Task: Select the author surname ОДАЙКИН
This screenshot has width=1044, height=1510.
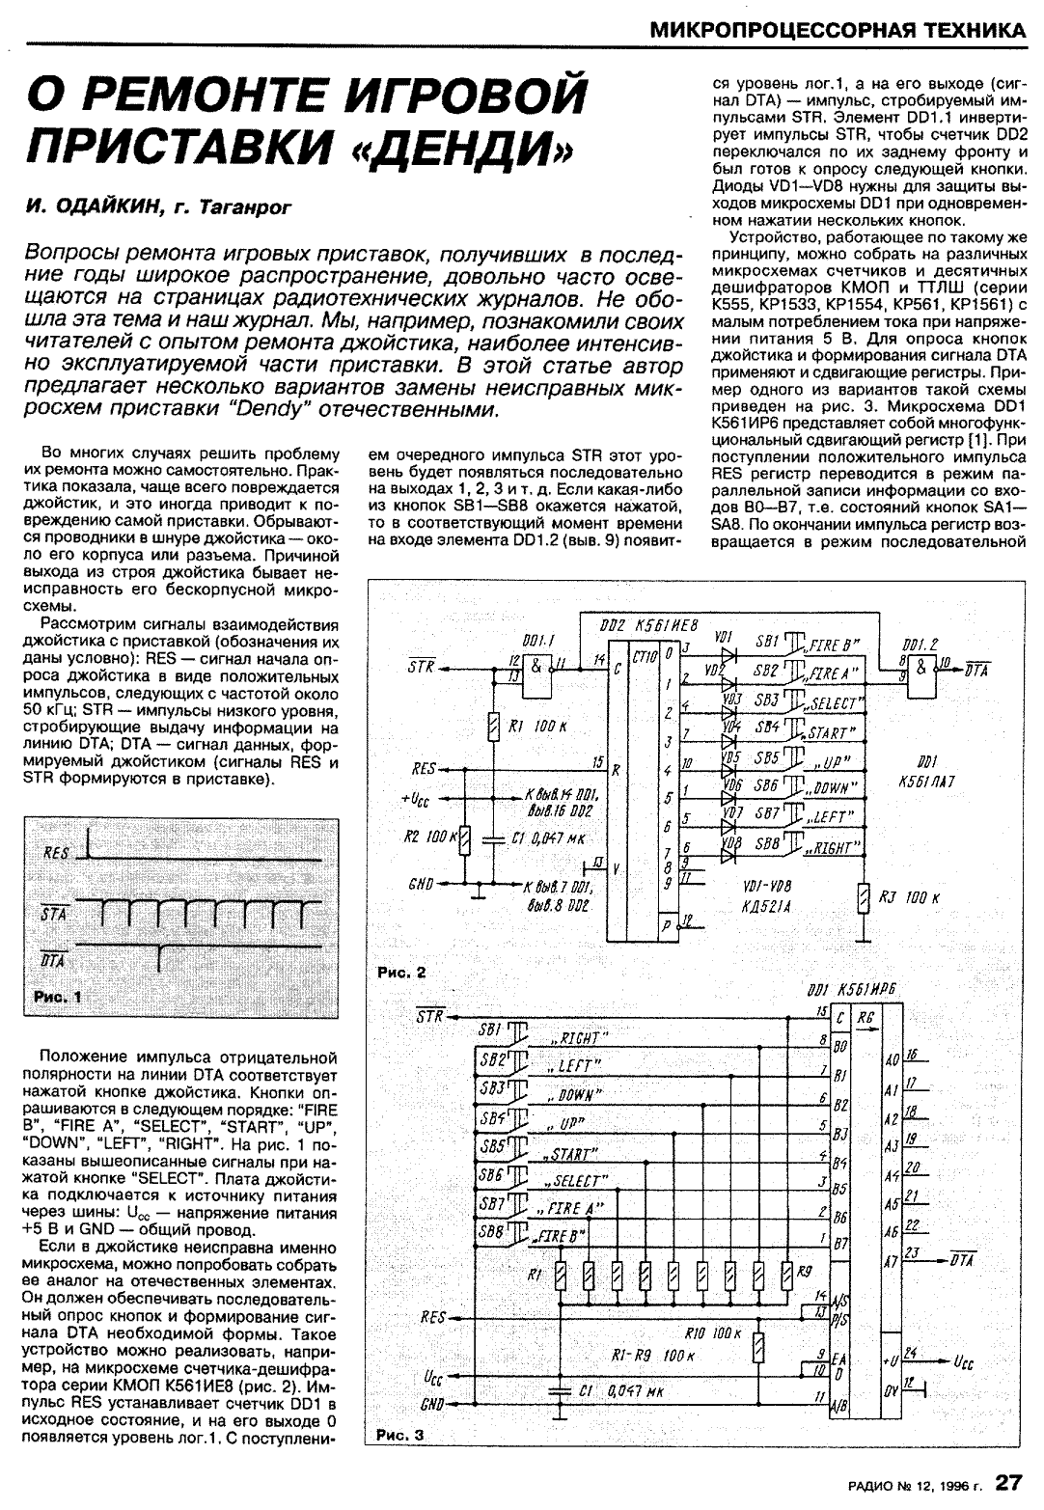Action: click(104, 206)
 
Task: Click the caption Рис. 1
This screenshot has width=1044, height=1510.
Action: click(58, 998)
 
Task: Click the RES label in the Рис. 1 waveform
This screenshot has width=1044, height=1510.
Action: click(57, 853)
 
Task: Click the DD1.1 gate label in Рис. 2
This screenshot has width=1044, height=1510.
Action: click(536, 640)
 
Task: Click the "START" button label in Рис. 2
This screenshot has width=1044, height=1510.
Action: click(827, 730)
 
